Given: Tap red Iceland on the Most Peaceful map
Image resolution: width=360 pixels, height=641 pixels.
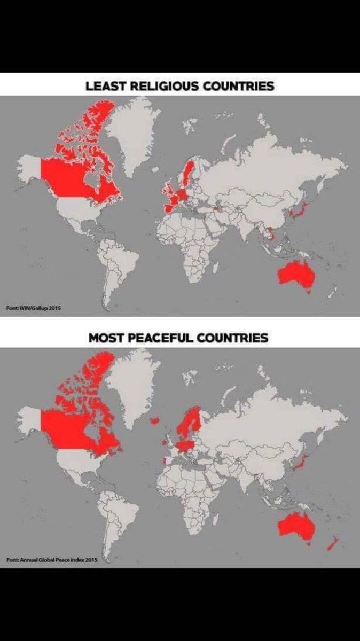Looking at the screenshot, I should (x=154, y=420).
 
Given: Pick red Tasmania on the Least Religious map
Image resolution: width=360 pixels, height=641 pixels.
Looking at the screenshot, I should (x=307, y=292).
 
